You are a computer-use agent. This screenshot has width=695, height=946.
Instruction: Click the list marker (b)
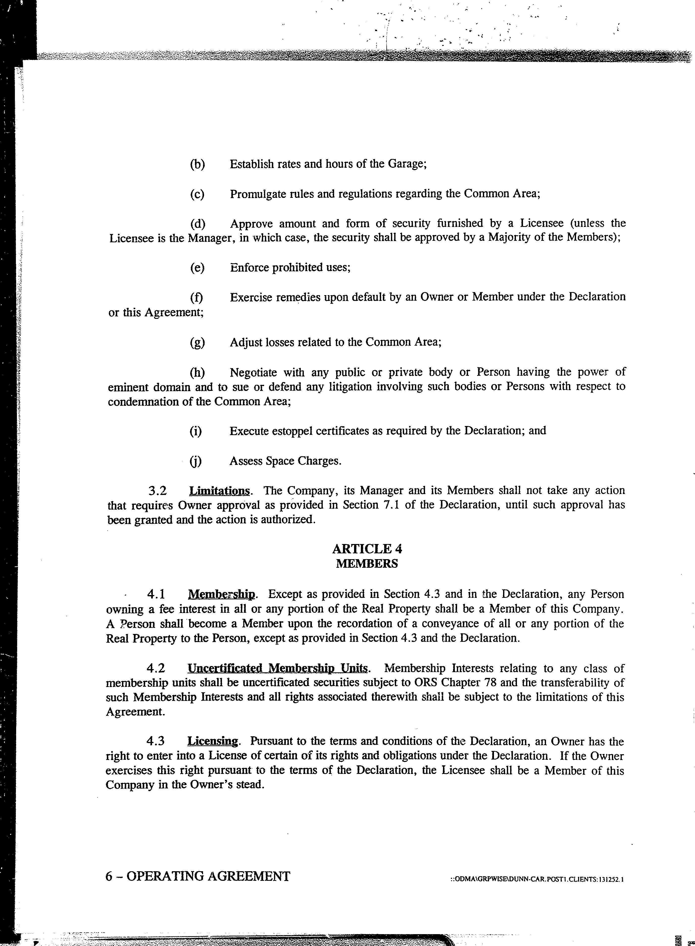[197, 164]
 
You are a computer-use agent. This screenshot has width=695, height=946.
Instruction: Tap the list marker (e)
[197, 268]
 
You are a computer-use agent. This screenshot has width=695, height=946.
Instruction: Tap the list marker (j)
[196, 461]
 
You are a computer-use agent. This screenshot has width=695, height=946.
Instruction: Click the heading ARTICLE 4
[367, 549]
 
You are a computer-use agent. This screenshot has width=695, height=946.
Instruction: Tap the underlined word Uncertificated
[226, 669]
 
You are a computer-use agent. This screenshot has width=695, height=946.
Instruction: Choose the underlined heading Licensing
[213, 741]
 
